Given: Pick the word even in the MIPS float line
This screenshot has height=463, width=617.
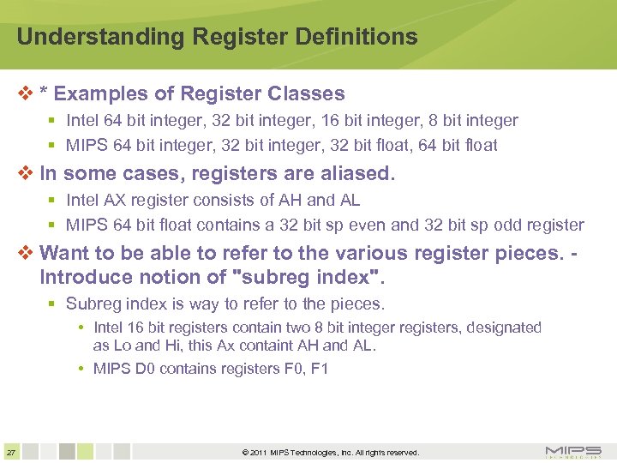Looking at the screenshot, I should pos(362,225).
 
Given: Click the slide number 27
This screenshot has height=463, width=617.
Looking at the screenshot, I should pos(10,452).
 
